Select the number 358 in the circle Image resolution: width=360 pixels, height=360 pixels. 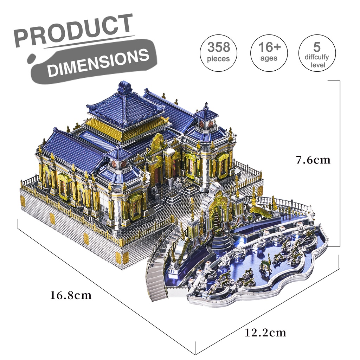pos(218,47)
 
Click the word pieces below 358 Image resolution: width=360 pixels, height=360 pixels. pos(218,59)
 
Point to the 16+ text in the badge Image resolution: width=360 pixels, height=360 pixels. pos(269,47)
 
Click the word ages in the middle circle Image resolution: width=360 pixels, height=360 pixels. pos(269,58)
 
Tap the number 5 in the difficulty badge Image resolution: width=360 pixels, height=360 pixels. pos(317,46)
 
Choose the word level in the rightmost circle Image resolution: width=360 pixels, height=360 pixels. pos(317,65)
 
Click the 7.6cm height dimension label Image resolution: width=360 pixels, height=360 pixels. pos(313,160)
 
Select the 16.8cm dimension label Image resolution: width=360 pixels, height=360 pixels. pos(71,295)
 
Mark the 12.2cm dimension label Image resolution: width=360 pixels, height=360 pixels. pos(265,333)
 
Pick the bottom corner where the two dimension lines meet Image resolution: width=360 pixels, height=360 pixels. pos(195,354)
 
